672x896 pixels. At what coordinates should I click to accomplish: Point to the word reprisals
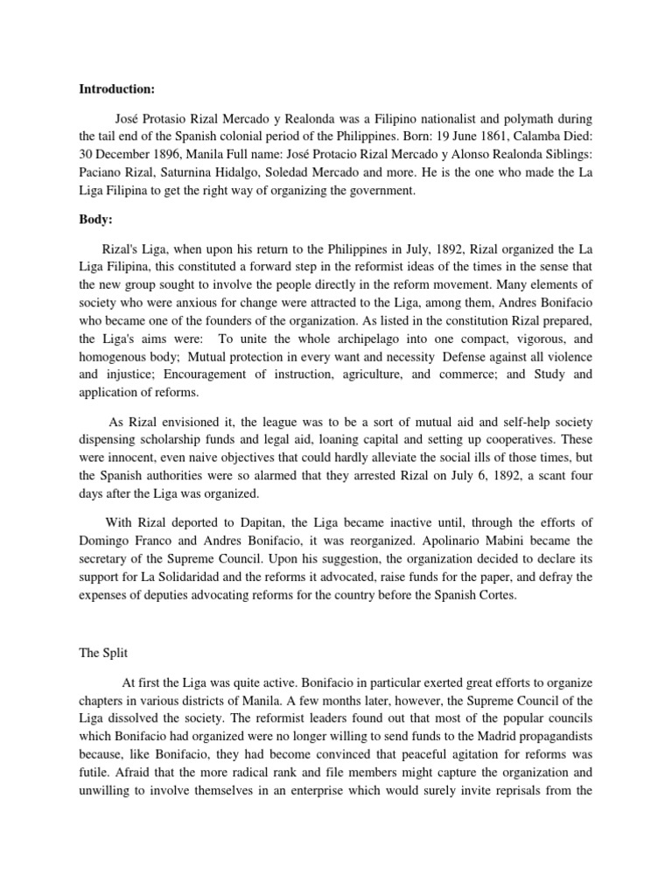click(526, 791)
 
